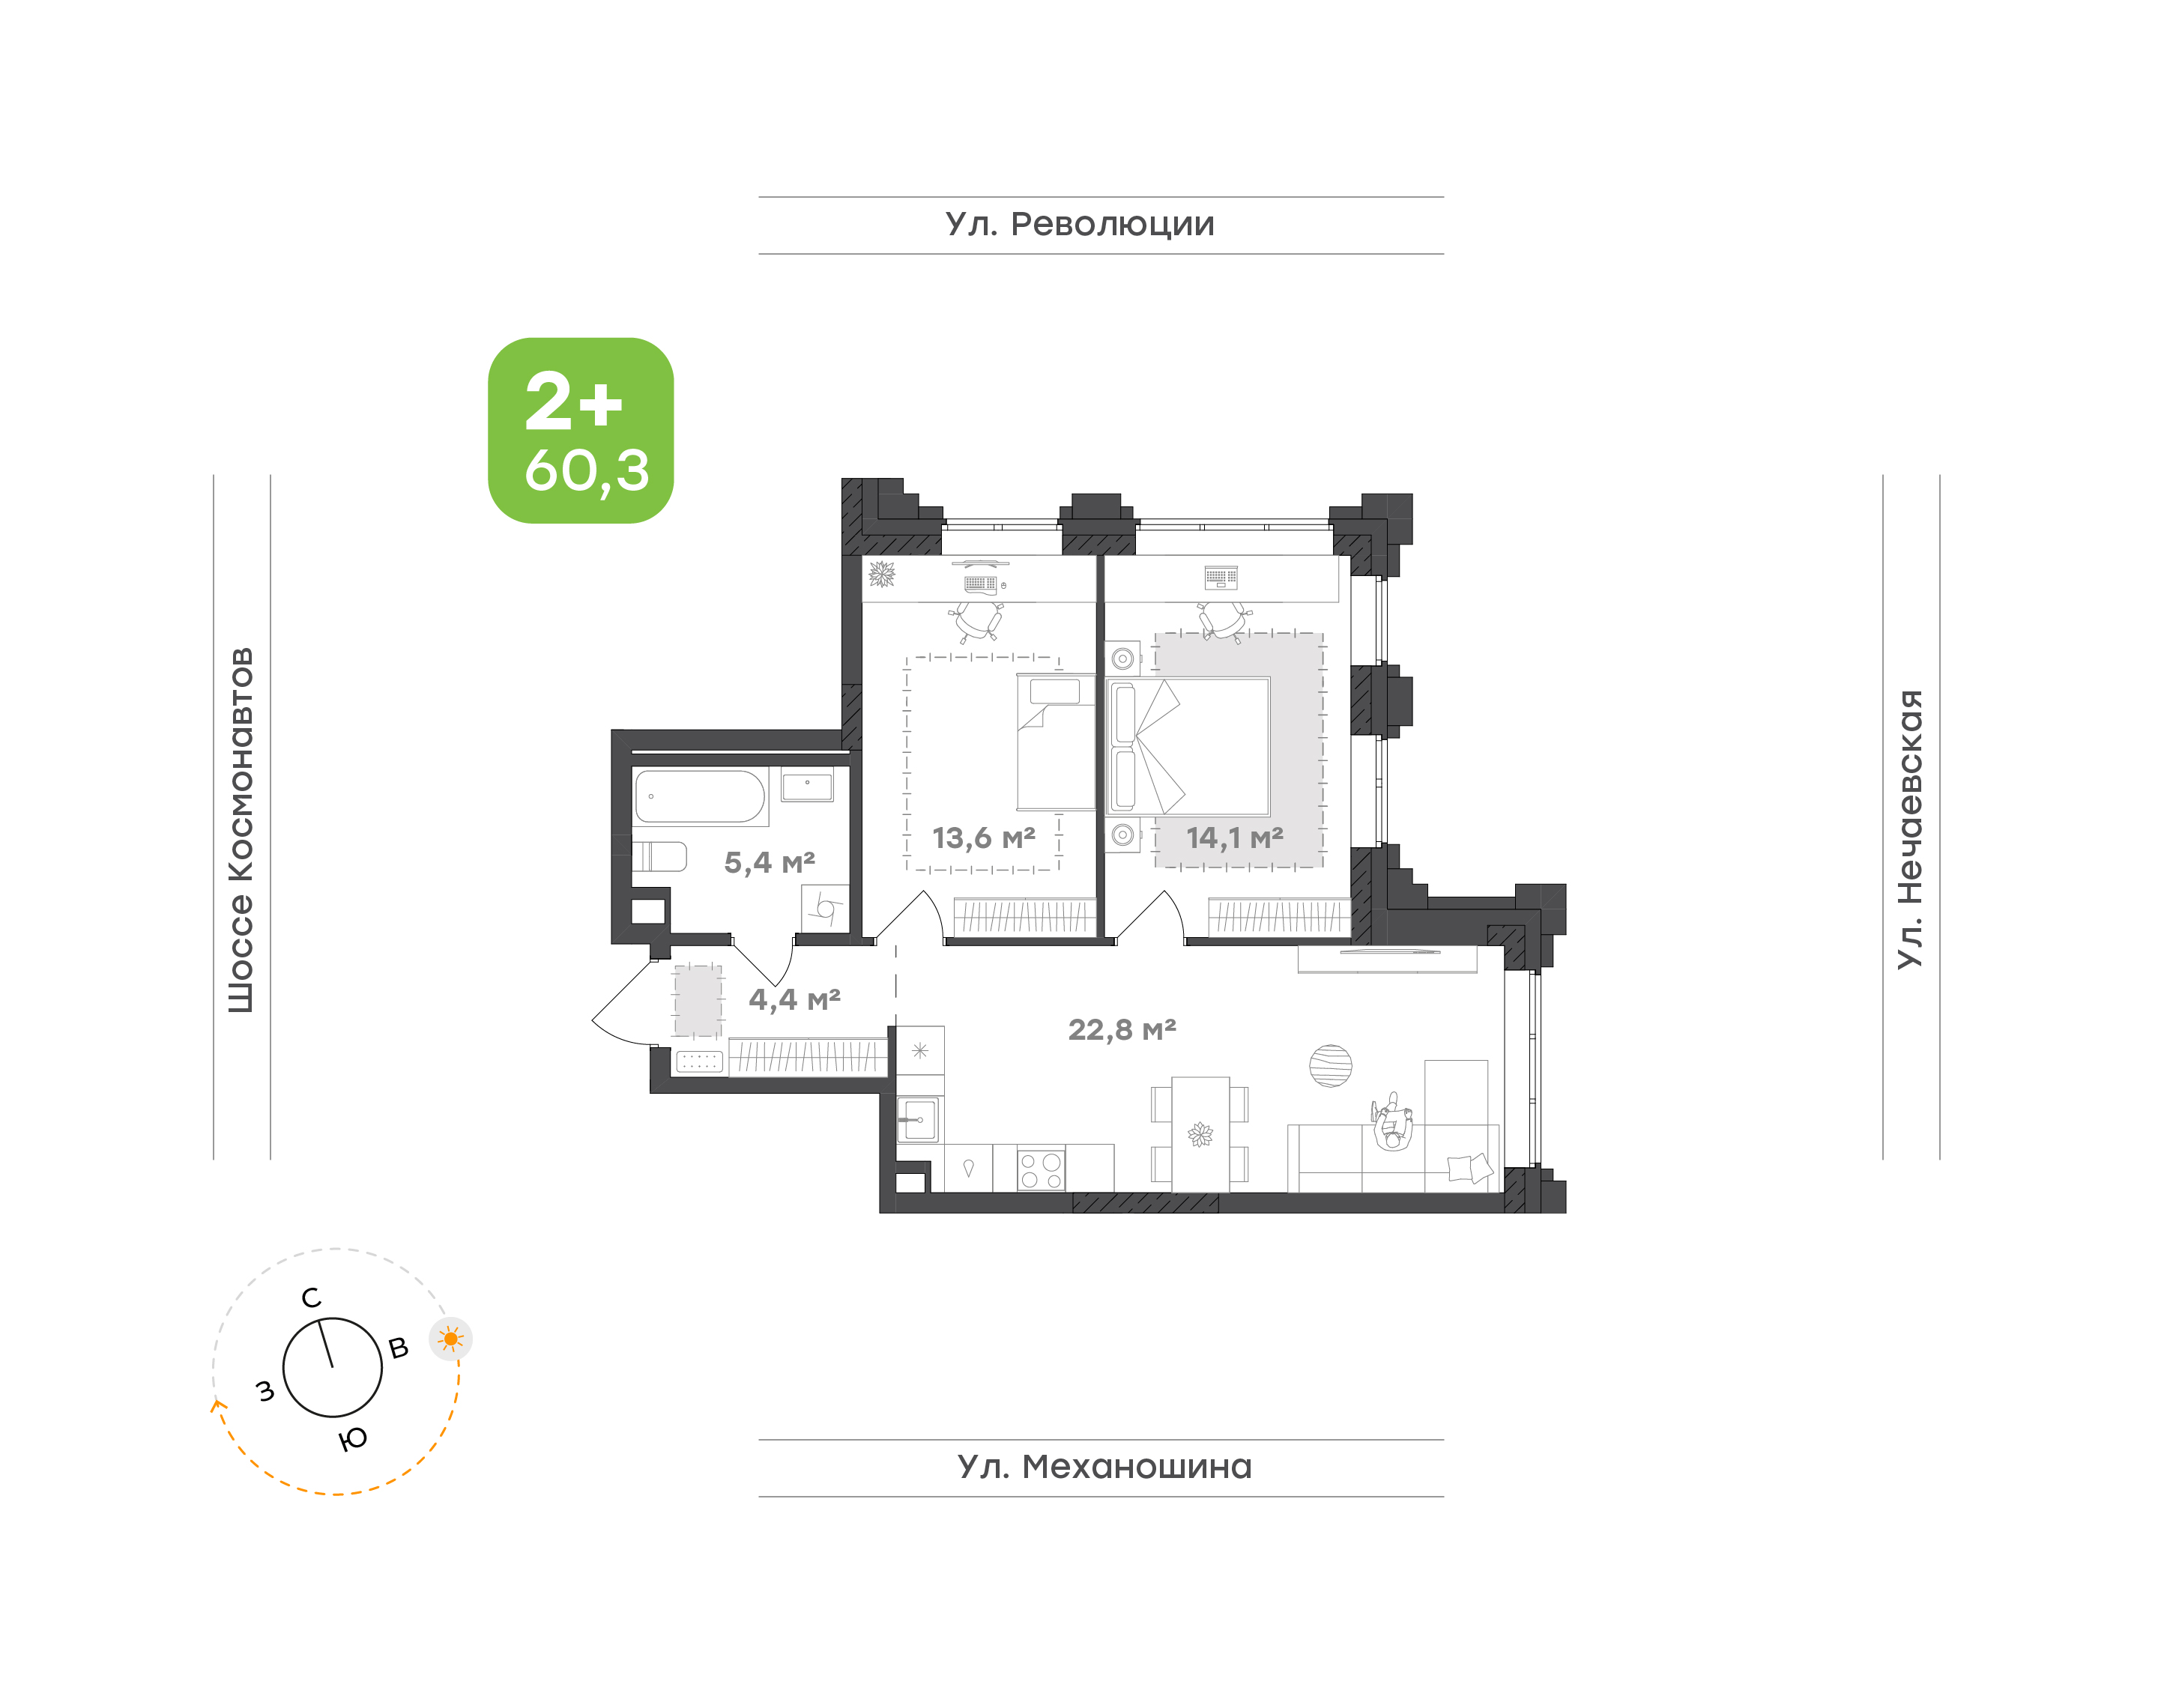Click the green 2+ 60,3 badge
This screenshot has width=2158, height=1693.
click(580, 430)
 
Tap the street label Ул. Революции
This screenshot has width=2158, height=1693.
click(1080, 225)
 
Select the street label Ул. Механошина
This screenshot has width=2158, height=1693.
click(1104, 1467)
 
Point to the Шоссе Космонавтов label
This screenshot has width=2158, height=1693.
click(241, 830)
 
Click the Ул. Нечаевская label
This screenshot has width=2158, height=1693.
click(1909, 829)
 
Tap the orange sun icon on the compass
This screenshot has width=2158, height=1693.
click(451, 1339)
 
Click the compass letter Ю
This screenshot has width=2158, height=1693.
click(353, 1438)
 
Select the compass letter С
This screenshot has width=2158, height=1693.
click(311, 1297)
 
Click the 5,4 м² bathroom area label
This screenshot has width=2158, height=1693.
click(770, 862)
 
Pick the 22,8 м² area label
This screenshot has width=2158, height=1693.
click(1122, 1030)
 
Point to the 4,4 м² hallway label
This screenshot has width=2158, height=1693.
click(794, 999)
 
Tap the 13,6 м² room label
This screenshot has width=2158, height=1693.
click(983, 838)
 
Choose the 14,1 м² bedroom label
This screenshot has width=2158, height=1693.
click(1234, 838)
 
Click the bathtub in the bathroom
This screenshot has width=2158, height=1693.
click(700, 797)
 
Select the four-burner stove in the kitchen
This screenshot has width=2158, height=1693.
click(1041, 1168)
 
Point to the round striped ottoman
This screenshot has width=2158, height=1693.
click(1329, 1065)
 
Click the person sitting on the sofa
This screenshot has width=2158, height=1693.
click(1393, 1121)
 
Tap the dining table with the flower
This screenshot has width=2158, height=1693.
click(1200, 1134)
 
